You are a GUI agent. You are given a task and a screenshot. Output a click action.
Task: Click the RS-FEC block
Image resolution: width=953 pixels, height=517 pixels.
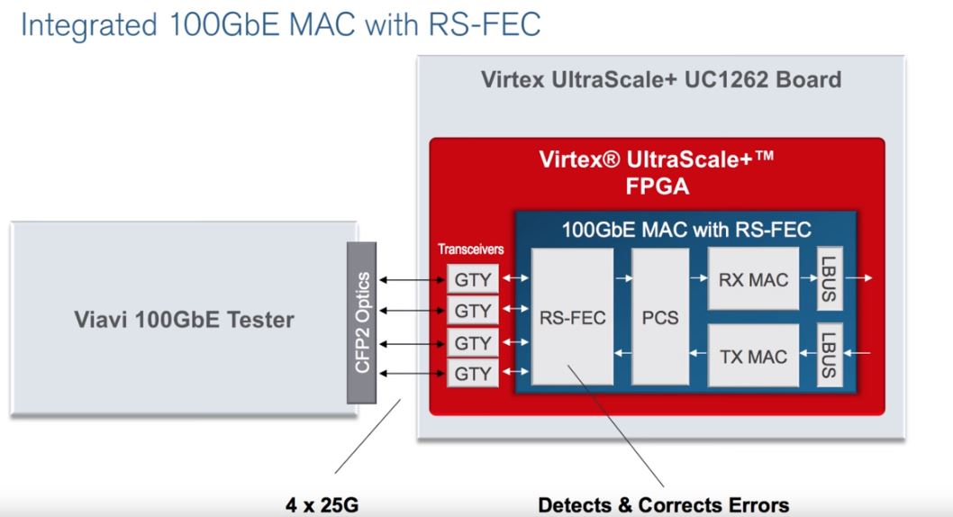click(572, 316)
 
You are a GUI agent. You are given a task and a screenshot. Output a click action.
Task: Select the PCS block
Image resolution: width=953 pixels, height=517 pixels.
click(660, 316)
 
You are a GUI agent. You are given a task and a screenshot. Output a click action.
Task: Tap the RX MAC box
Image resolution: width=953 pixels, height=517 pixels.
click(753, 279)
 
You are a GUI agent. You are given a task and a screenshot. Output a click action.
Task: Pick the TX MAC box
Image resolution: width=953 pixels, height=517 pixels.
click(753, 356)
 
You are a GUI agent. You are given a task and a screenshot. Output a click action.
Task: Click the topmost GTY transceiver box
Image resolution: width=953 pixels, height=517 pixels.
click(473, 279)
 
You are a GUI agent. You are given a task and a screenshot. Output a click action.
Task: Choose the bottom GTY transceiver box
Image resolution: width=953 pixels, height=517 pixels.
click(473, 373)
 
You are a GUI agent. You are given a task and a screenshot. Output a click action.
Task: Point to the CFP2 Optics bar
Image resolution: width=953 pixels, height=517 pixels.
click(361, 322)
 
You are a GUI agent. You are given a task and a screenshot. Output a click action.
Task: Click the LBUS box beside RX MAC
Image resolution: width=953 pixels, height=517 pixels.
click(830, 279)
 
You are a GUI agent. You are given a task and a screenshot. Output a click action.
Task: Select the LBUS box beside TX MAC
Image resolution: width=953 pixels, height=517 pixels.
click(830, 356)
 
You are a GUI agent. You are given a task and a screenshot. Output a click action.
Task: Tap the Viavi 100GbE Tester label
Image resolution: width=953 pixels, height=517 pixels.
click(184, 320)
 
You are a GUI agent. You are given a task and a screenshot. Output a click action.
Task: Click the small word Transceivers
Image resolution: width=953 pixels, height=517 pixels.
click(470, 249)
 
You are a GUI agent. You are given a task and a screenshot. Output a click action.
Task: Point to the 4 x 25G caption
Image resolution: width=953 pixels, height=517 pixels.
click(322, 505)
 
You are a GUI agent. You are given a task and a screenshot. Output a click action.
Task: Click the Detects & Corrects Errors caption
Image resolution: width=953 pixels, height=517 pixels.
click(663, 505)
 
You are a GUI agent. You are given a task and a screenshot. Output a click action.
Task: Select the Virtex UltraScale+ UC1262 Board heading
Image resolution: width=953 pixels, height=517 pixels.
click(661, 79)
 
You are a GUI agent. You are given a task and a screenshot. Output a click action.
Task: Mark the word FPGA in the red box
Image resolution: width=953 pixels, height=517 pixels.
click(657, 186)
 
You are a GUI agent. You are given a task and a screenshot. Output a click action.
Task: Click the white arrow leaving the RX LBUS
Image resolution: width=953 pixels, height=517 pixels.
click(858, 278)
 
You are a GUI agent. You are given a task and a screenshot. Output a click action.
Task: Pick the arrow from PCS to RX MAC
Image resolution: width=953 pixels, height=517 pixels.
click(699, 278)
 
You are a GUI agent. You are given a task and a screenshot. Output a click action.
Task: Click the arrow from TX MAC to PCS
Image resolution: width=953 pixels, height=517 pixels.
click(698, 353)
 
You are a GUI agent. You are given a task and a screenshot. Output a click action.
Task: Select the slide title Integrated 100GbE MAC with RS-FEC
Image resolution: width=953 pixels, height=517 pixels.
click(281, 25)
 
